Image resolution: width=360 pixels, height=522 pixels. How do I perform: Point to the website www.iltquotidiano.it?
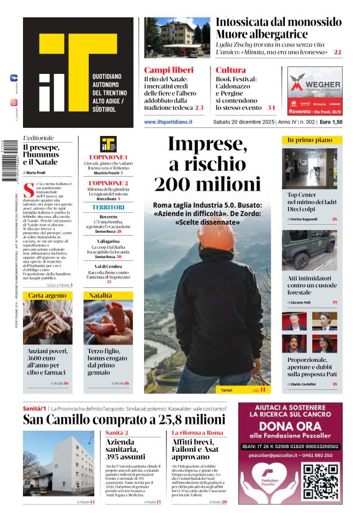(168, 122)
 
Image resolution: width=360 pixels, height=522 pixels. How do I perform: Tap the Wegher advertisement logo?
(315, 86)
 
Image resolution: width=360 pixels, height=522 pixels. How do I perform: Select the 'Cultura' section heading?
(231, 70)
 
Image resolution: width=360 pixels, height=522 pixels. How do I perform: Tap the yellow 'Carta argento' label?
(48, 295)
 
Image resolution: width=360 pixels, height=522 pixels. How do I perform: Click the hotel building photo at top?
(178, 38)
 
